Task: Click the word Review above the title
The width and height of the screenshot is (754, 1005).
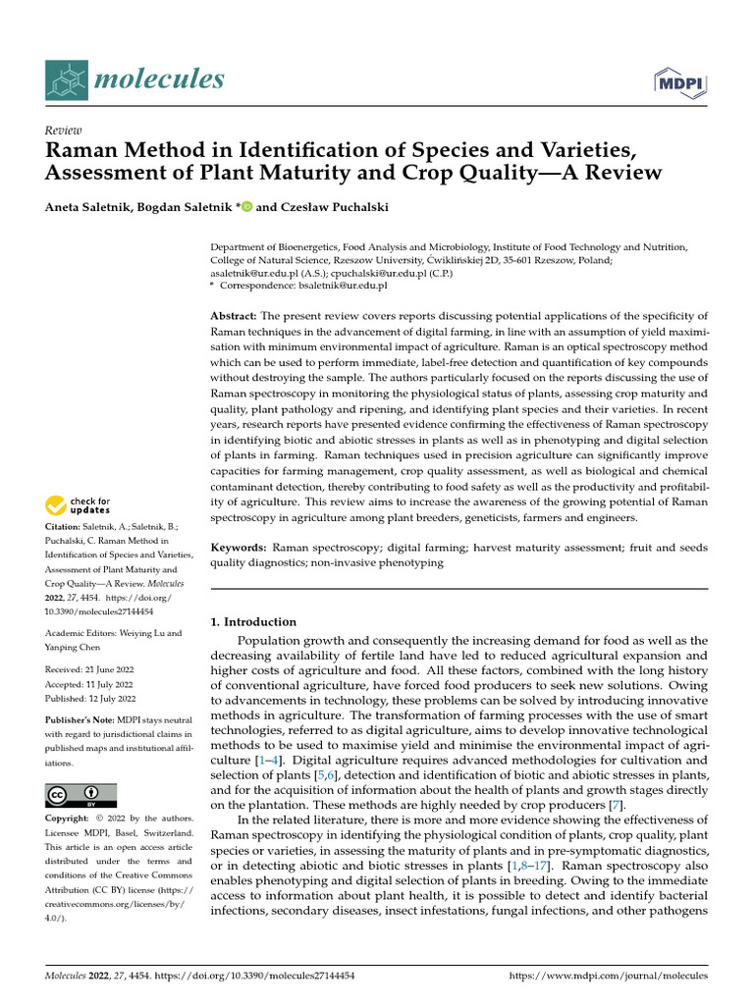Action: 64,131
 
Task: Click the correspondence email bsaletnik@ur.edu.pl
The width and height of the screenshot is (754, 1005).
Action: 338,285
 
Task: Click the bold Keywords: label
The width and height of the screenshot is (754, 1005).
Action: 240,545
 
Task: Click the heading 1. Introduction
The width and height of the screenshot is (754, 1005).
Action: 253,621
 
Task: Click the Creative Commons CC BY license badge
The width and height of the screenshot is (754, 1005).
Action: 81,794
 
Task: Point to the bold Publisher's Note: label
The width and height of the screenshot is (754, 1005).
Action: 82,719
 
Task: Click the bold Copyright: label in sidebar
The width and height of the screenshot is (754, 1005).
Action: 71,819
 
